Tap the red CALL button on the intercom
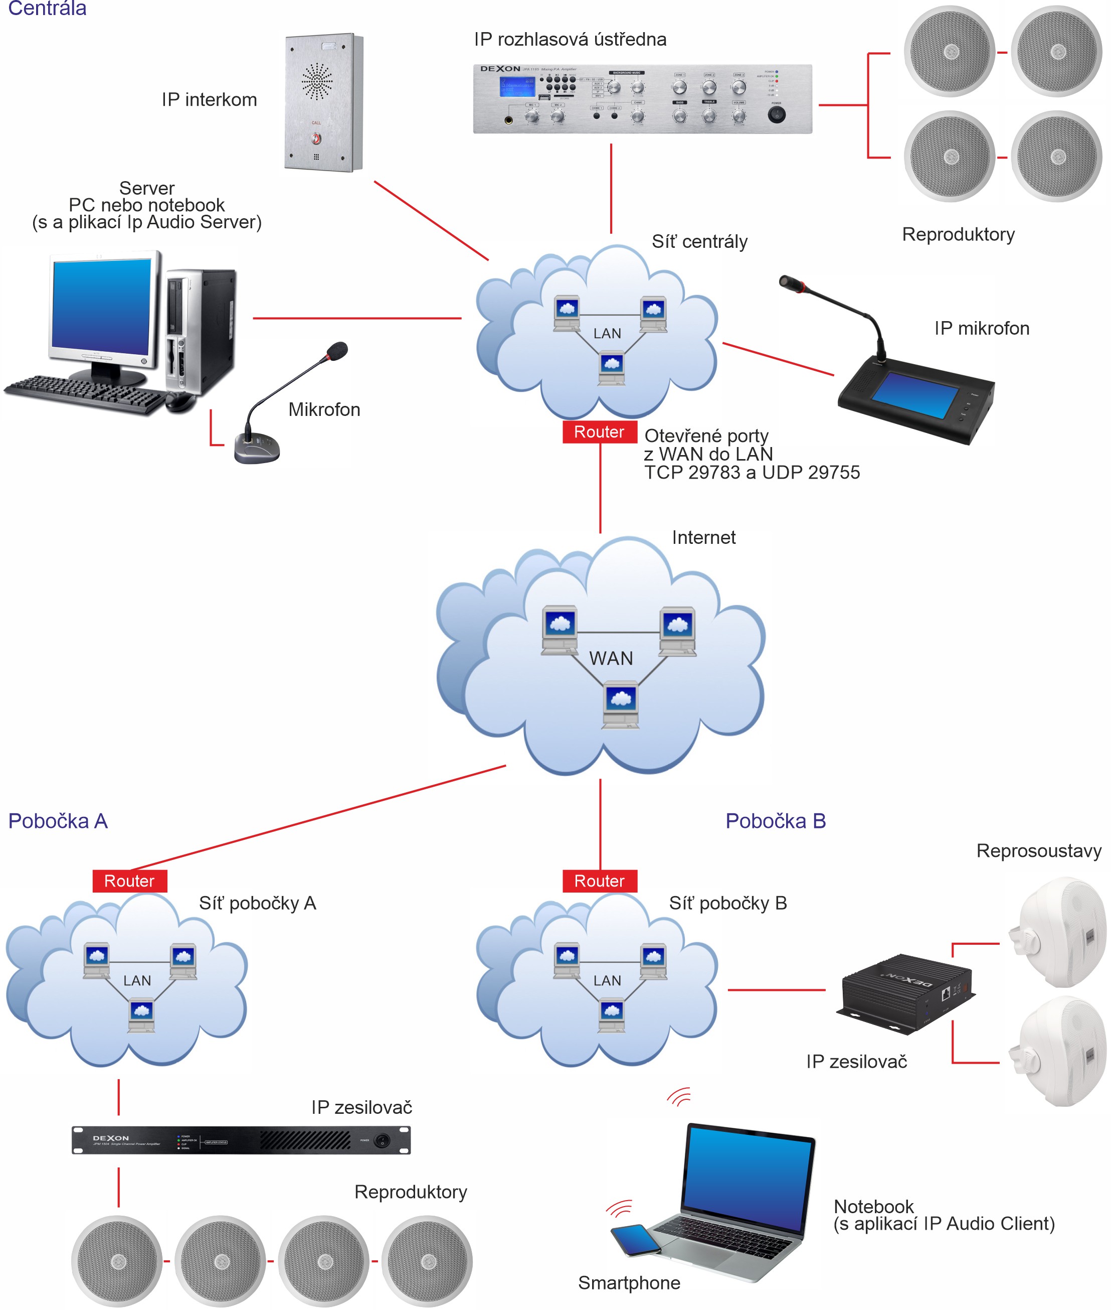point(316,138)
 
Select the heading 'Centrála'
point(47,8)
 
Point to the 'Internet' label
point(703,537)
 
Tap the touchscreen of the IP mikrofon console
point(917,395)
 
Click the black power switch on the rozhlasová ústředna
point(777,114)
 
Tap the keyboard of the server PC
point(85,394)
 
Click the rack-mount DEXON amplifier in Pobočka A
point(241,1140)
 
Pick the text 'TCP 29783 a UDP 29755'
point(752,473)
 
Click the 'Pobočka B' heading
point(775,821)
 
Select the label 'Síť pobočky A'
point(258,903)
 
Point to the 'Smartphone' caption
point(629,1283)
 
